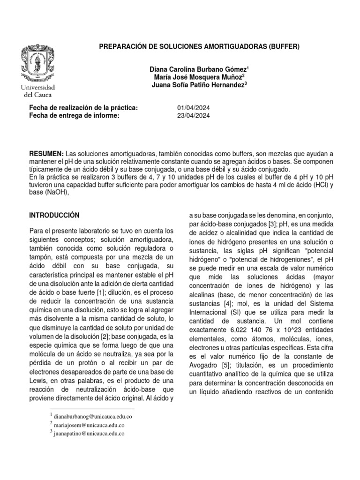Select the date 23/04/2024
[x=194, y=116]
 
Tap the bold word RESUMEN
[x=46, y=154]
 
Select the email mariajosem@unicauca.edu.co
[x=87, y=425]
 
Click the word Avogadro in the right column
[x=204, y=365]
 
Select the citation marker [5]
[x=227, y=365]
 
